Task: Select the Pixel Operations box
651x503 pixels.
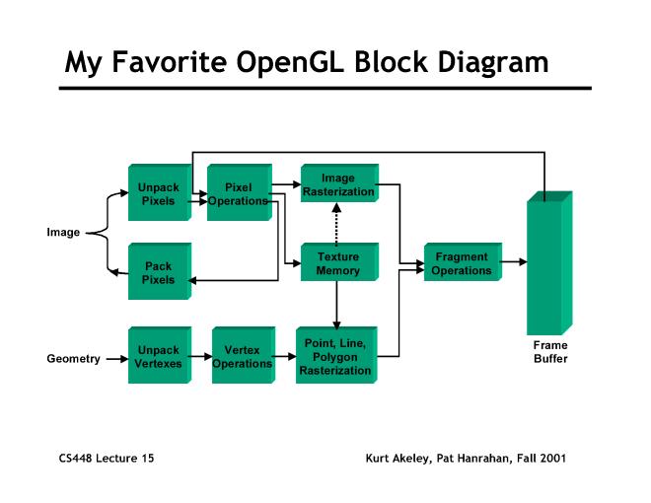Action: point(238,193)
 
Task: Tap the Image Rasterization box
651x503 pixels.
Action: point(337,185)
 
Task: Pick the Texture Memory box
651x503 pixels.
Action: point(337,264)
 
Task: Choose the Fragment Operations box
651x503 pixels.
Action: point(461,264)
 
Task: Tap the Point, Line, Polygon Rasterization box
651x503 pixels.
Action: point(336,356)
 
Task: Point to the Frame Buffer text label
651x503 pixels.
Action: point(550,352)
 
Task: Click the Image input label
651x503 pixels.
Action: point(63,233)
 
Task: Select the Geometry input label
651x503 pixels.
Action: point(73,358)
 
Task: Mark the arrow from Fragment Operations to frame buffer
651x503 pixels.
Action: point(514,262)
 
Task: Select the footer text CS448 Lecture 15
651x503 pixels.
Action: point(106,458)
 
